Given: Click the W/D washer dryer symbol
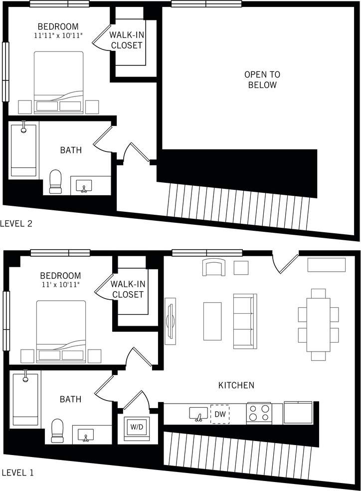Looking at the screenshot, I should (x=135, y=427).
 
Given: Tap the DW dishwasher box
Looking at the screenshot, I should (x=219, y=414).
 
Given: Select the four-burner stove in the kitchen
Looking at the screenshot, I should (x=259, y=414).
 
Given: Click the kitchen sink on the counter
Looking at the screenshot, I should (x=198, y=414).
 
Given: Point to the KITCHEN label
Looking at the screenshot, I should (x=236, y=386).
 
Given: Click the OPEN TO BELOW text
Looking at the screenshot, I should (x=262, y=80).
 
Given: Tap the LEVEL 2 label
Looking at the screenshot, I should (x=16, y=223).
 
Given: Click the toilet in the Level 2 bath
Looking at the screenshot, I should (x=55, y=181).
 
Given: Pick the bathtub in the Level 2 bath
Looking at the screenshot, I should (x=23, y=149).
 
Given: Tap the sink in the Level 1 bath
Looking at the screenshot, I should (x=86, y=434).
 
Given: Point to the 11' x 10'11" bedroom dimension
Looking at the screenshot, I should (x=60, y=284).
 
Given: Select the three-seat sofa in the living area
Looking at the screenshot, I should (x=244, y=321).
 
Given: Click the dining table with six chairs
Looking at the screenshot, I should (x=319, y=324).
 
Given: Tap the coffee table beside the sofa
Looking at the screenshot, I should (x=212, y=321).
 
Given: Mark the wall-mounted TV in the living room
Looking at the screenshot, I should (x=170, y=321).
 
